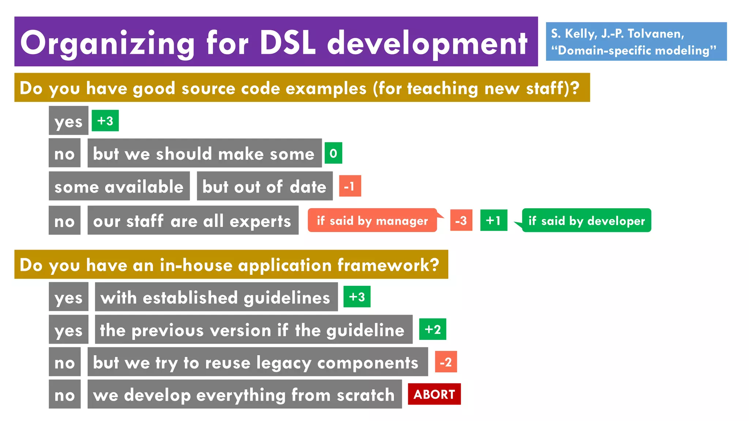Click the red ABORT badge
click(x=434, y=394)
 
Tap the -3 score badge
click(x=461, y=220)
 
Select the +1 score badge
click(x=493, y=220)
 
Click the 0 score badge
click(x=333, y=153)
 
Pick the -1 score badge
click(x=350, y=186)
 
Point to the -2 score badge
click(x=446, y=362)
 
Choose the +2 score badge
click(x=432, y=329)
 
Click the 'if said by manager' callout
click(x=372, y=220)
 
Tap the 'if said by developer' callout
click(x=587, y=220)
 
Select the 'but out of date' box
click(x=264, y=186)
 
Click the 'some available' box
click(x=119, y=186)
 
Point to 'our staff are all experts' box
click(x=193, y=220)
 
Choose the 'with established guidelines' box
click(x=216, y=297)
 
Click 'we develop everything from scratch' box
click(x=244, y=394)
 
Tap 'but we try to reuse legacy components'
click(x=257, y=362)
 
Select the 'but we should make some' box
click(x=204, y=153)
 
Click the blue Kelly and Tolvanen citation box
click(x=636, y=42)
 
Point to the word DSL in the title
click(x=287, y=43)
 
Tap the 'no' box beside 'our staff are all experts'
click(x=64, y=220)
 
